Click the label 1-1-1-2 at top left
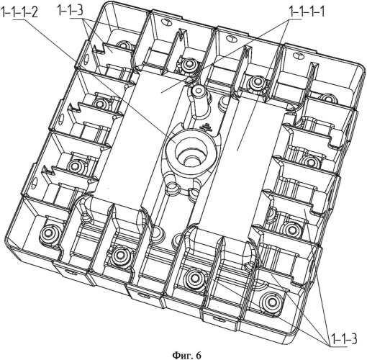19,12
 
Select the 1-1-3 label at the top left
71,12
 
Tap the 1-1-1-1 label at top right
307,12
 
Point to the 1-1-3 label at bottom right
344,339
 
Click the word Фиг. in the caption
181,355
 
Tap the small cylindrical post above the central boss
199,91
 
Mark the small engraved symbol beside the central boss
207,127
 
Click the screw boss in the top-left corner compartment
123,45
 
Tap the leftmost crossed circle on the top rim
166,22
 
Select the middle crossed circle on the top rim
231,38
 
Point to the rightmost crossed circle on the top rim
298,55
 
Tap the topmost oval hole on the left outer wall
87,58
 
